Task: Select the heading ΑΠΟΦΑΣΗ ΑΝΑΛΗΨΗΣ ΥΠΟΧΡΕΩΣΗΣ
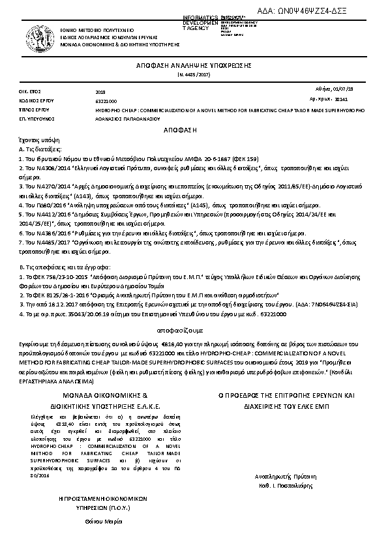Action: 193,67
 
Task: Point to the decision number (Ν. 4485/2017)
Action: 193,76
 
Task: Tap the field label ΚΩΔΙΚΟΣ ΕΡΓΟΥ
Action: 32,101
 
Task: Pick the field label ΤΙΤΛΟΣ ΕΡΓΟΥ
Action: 31,111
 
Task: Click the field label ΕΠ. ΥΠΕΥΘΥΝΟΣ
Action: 32,120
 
